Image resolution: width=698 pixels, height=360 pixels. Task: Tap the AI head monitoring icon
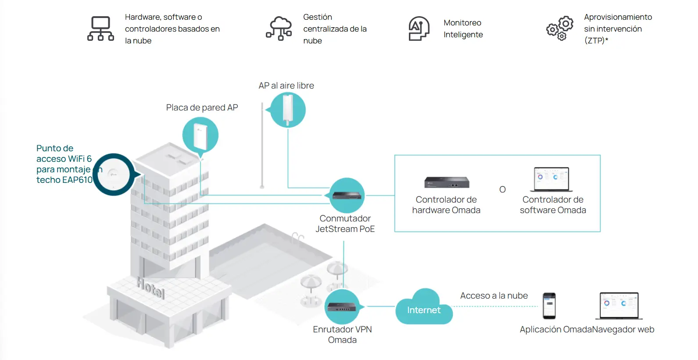click(x=419, y=29)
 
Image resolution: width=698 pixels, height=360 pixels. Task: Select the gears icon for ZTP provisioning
click(x=560, y=28)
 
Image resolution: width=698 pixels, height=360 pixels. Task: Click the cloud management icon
click(x=279, y=29)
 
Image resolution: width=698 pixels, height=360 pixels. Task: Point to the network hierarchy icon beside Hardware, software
click(x=100, y=29)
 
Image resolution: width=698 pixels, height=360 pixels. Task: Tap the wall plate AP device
click(x=200, y=136)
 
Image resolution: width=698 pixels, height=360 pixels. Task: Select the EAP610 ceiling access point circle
click(x=114, y=175)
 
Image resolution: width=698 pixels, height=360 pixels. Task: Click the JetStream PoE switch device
click(x=347, y=196)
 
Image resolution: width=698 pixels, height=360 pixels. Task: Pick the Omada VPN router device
click(x=342, y=307)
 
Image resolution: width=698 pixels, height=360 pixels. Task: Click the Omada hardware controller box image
click(x=447, y=182)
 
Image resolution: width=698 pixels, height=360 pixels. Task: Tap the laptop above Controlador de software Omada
click(x=551, y=179)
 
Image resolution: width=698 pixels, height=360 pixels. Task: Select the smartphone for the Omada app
click(x=549, y=306)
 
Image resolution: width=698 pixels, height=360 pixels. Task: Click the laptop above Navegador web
click(x=619, y=306)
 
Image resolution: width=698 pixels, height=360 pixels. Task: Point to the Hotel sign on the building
click(x=150, y=288)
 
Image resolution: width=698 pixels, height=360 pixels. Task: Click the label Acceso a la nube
click(x=494, y=296)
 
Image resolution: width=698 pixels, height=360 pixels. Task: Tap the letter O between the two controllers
click(x=502, y=189)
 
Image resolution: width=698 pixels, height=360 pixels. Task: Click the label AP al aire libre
click(x=286, y=86)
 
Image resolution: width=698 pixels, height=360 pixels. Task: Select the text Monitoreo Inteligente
click(x=463, y=29)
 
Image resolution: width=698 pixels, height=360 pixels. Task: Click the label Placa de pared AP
click(x=202, y=108)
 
